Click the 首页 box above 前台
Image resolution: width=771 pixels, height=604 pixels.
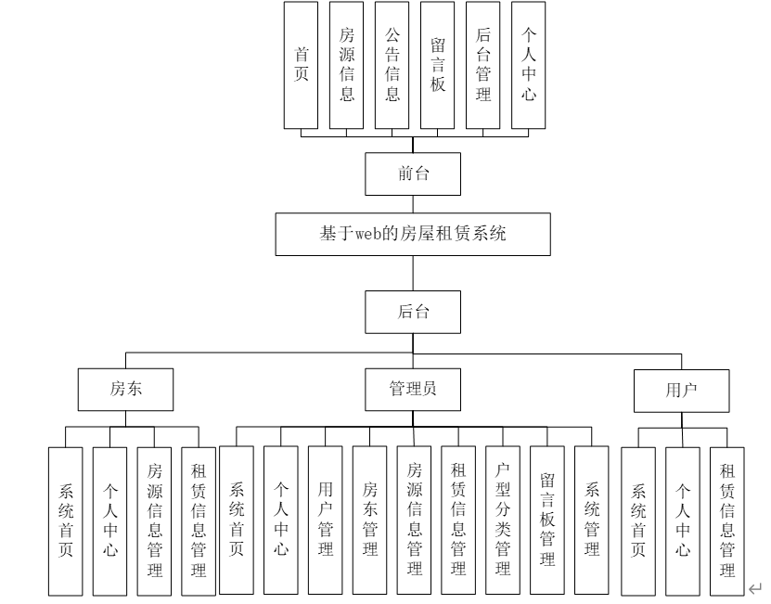point(302,65)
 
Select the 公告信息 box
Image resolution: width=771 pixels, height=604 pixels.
point(392,65)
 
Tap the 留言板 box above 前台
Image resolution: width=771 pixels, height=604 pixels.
point(437,65)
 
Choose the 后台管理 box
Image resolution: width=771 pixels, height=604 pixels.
point(482,65)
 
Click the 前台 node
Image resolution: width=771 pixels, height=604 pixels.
point(413,173)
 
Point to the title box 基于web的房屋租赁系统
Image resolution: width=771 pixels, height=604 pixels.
point(413,234)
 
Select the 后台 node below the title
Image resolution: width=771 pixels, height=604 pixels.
point(413,311)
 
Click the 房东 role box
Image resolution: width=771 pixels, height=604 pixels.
point(124,390)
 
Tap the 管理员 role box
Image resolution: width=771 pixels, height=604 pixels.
point(413,390)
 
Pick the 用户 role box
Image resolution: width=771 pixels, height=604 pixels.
point(681,390)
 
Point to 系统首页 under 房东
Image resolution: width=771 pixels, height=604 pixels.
point(65,520)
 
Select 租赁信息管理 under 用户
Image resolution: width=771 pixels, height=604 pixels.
point(728,520)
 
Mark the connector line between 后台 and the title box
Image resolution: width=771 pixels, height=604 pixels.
point(413,272)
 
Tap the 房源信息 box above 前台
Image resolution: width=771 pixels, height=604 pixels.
point(347,65)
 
